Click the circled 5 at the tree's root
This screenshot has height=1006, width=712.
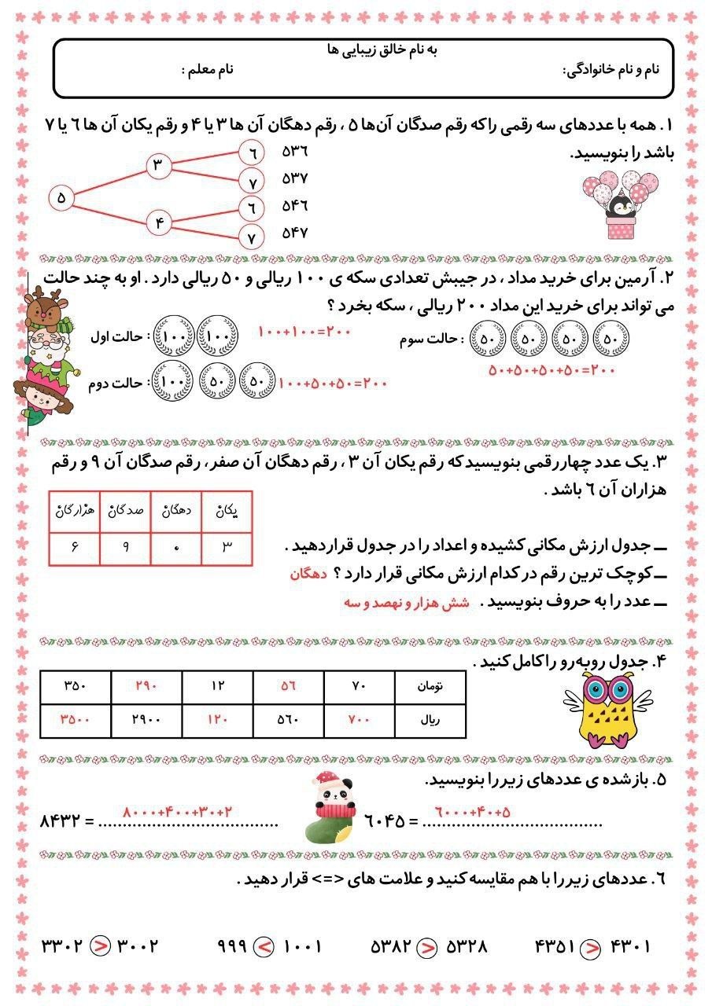pyautogui.click(x=61, y=198)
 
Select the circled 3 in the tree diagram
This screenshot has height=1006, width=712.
pyautogui.click(x=157, y=165)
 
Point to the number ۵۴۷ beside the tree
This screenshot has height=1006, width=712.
pyautogui.click(x=295, y=233)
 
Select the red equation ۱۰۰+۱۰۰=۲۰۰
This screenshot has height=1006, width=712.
pyautogui.click(x=304, y=332)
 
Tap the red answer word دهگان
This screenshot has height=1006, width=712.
pyautogui.click(x=307, y=575)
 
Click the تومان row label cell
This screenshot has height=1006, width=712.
pyautogui.click(x=430, y=685)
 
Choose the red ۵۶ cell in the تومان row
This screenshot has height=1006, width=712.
pyautogui.click(x=288, y=685)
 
